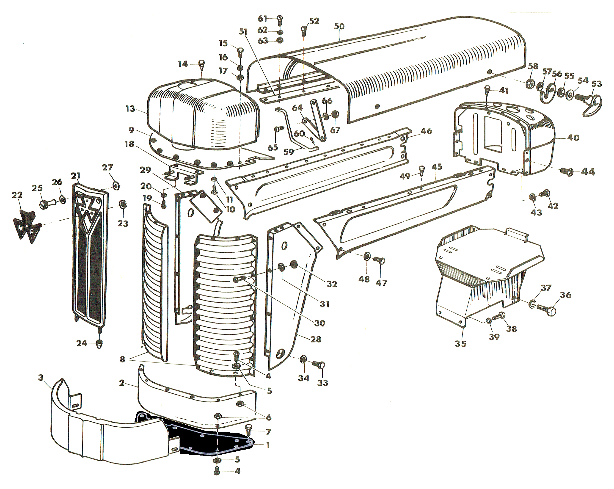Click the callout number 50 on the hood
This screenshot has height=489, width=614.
[x=339, y=27]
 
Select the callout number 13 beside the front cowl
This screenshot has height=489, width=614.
[x=130, y=109]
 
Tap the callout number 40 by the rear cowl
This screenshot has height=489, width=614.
[x=573, y=138]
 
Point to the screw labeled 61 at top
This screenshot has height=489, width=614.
[x=279, y=19]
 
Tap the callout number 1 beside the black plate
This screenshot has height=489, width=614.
[x=267, y=445]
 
